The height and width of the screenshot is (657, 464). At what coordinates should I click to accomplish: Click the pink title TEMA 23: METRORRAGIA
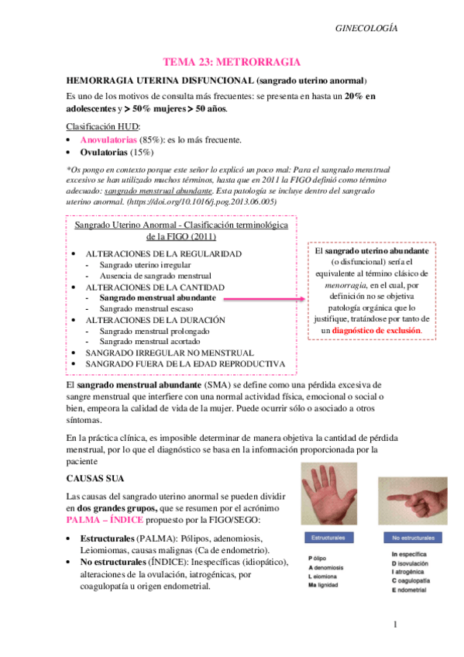[232, 60]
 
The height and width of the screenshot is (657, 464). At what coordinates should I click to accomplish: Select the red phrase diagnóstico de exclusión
[377, 329]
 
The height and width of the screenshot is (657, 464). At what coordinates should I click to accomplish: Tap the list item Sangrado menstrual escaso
[147, 308]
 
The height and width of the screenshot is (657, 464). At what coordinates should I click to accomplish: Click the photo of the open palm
[332, 496]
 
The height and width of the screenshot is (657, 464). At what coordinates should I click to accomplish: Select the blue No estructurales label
[411, 537]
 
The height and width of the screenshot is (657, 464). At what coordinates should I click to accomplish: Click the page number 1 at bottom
[394, 624]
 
